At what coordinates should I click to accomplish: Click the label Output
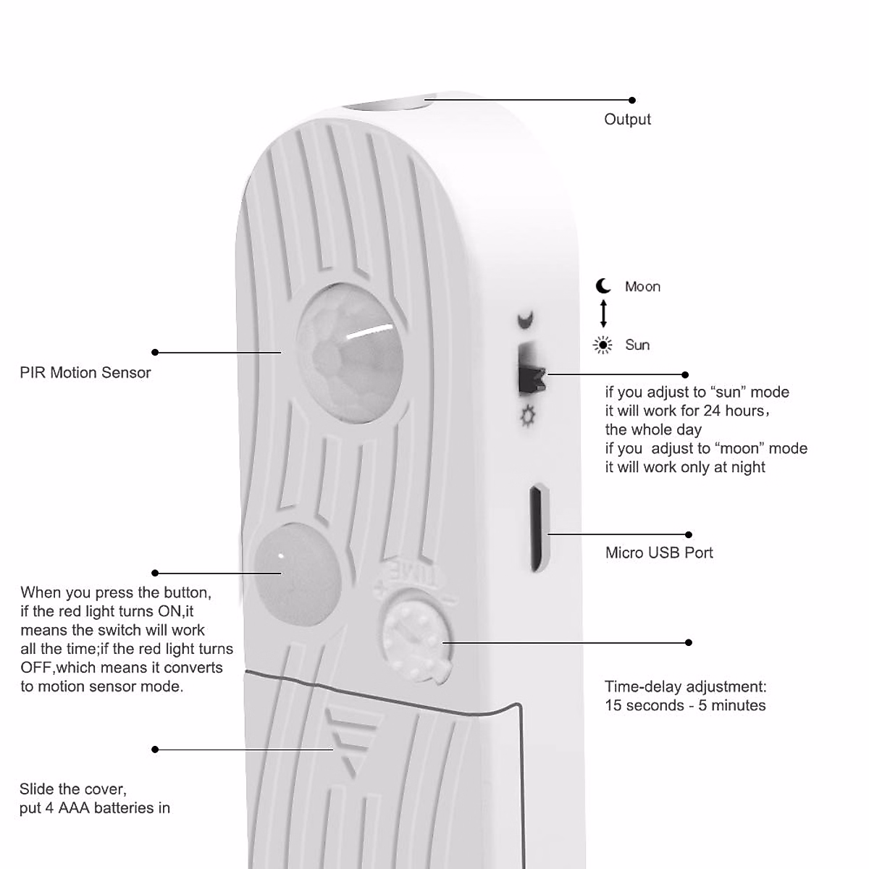(x=627, y=119)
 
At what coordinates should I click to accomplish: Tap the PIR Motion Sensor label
(x=85, y=373)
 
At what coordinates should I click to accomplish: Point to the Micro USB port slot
(x=536, y=529)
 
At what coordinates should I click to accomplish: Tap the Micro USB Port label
(x=659, y=553)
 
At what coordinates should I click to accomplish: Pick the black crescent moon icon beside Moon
(x=604, y=286)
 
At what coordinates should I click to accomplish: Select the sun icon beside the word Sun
(x=603, y=345)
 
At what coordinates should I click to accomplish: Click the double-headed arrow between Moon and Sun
(x=603, y=314)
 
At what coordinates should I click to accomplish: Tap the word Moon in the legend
(x=642, y=287)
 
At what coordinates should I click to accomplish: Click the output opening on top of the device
(x=387, y=104)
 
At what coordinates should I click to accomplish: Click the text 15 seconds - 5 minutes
(x=685, y=706)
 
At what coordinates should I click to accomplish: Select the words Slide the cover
(x=73, y=789)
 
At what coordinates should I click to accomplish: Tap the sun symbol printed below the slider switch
(x=528, y=416)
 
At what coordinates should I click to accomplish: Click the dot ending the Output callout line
(x=632, y=100)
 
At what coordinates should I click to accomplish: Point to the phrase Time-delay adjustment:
(x=685, y=687)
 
